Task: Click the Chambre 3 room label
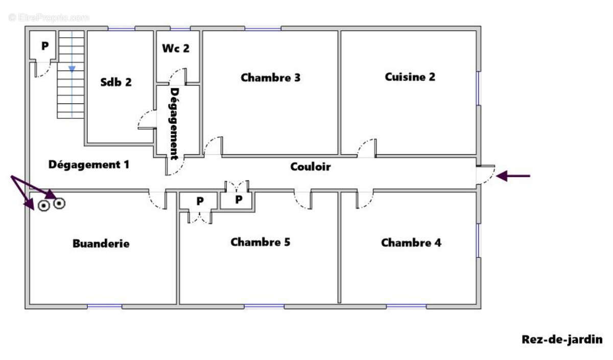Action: click(270, 78)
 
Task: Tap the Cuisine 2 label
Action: click(410, 77)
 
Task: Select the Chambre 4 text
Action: click(411, 243)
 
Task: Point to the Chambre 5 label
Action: click(260, 242)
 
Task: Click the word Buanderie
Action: click(101, 244)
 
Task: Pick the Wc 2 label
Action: click(176, 49)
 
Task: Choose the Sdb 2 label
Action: click(116, 82)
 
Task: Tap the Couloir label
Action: click(311, 166)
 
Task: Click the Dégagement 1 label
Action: click(89, 164)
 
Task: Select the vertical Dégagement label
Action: click(174, 124)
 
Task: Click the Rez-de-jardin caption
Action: click(562, 340)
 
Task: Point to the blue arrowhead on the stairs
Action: click(72, 69)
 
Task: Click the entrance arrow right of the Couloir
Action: click(513, 176)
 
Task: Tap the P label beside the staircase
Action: click(45, 45)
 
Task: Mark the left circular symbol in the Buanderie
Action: click(43, 205)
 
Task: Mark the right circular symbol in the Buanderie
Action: click(59, 203)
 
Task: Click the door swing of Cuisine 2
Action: click(362, 146)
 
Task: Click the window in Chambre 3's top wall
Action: click(263, 29)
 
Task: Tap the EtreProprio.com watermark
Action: click(49, 17)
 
